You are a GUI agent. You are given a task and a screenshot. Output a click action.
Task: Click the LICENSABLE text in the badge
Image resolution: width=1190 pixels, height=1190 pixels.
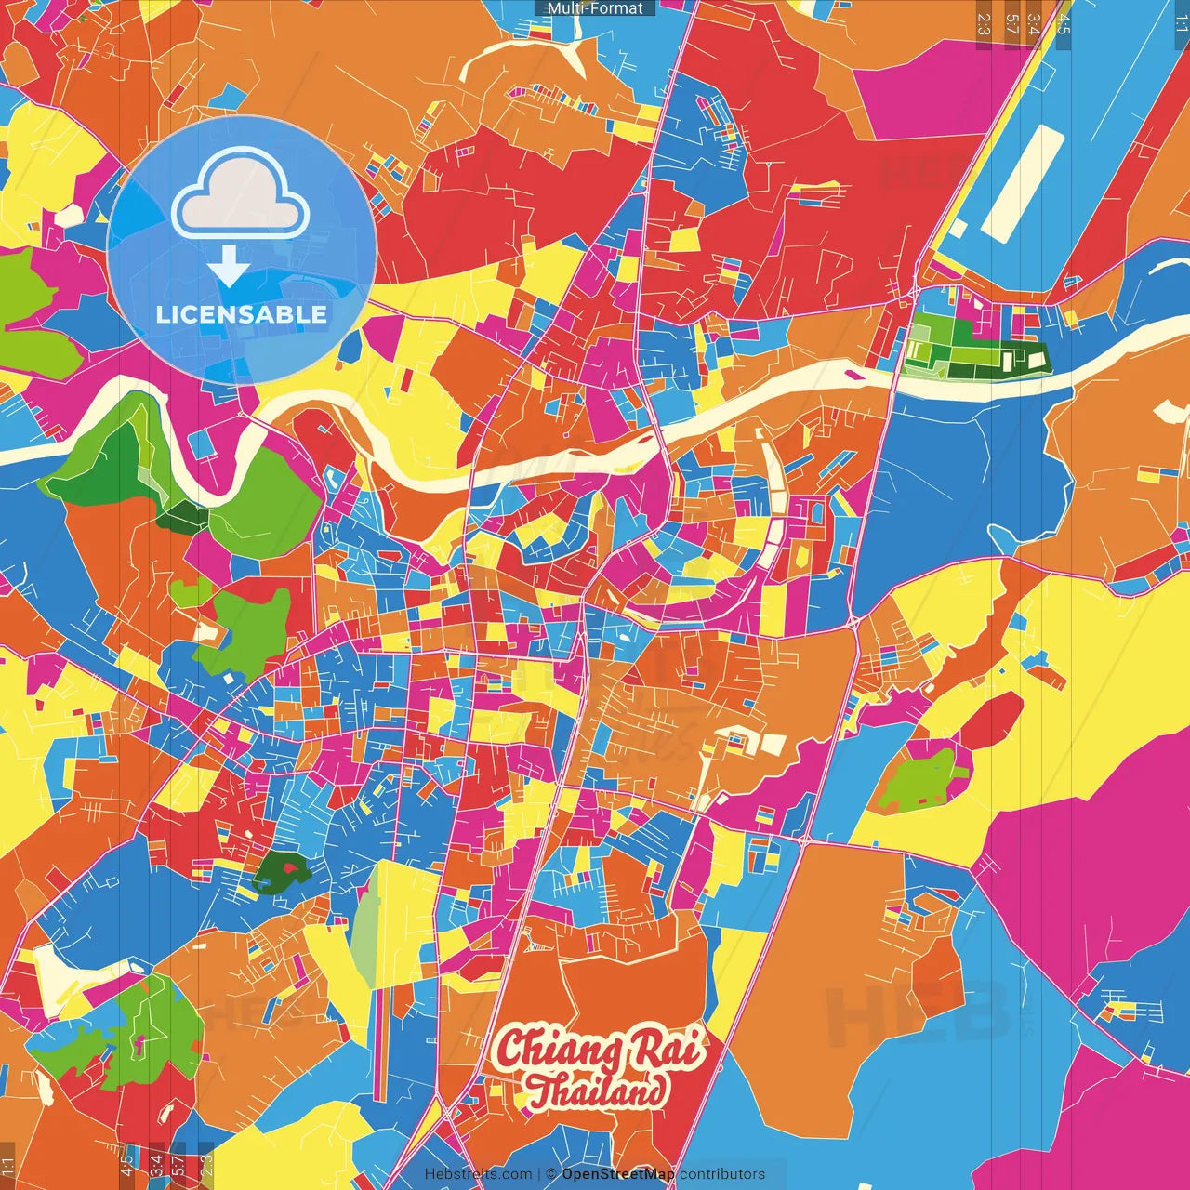click(x=242, y=314)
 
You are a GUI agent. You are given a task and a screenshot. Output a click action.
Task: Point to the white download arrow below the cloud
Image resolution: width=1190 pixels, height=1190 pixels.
click(x=229, y=268)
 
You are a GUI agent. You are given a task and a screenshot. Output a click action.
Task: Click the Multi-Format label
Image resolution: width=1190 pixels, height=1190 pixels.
click(x=595, y=8)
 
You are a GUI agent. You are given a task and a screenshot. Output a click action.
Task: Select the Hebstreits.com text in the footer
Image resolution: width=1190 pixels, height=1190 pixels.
click(x=479, y=1174)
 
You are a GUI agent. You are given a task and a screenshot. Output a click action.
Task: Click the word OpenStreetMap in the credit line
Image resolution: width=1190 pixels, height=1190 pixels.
click(x=618, y=1174)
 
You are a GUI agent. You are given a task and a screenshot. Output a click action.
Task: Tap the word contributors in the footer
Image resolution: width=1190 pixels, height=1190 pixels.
click(x=722, y=1174)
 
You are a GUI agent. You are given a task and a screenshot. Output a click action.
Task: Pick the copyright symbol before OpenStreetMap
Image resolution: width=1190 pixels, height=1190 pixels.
click(x=551, y=1174)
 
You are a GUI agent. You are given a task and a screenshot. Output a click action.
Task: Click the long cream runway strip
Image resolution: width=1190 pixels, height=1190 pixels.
click(x=1023, y=183)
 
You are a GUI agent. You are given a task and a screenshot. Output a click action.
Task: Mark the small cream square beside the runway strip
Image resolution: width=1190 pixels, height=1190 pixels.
click(x=958, y=227)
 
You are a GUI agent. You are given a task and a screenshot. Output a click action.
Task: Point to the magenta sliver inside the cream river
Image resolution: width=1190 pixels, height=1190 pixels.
click(x=852, y=375)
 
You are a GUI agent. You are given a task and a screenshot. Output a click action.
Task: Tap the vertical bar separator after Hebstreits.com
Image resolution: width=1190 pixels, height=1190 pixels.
click(x=539, y=1174)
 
